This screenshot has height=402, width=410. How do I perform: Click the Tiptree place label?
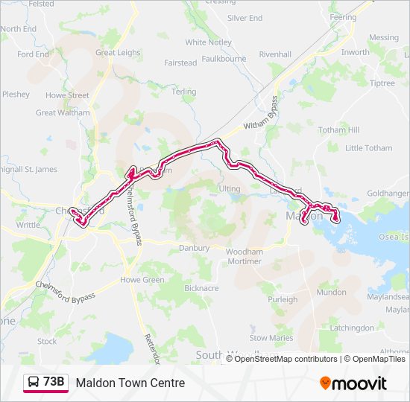pyautogui.click(x=382, y=83)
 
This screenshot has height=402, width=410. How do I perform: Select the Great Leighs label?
pyautogui.click(x=118, y=53)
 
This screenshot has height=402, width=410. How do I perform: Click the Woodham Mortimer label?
pyautogui.click(x=245, y=257)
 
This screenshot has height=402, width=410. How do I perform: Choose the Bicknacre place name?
pyautogui.click(x=201, y=287)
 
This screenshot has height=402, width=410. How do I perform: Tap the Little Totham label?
pyautogui.click(x=368, y=148)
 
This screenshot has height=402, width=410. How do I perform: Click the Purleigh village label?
pyautogui.click(x=283, y=299)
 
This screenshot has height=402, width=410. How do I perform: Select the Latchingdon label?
pyautogui.click(x=352, y=328)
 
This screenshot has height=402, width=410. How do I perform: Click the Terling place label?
pyautogui.click(x=184, y=92)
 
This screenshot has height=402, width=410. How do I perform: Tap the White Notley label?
pyautogui.click(x=208, y=42)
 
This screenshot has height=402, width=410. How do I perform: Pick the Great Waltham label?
pyautogui.click(x=57, y=113)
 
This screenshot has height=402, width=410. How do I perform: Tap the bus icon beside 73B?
pyautogui.click(x=34, y=383)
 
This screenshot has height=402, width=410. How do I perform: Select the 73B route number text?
pyautogui.click(x=54, y=383)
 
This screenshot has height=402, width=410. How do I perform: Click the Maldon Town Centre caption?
pyautogui.click(x=130, y=383)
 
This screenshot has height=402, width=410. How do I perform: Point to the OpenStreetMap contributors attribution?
pyautogui.click(x=286, y=359)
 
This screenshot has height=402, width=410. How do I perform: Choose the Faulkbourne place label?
pyautogui.click(x=224, y=57)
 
